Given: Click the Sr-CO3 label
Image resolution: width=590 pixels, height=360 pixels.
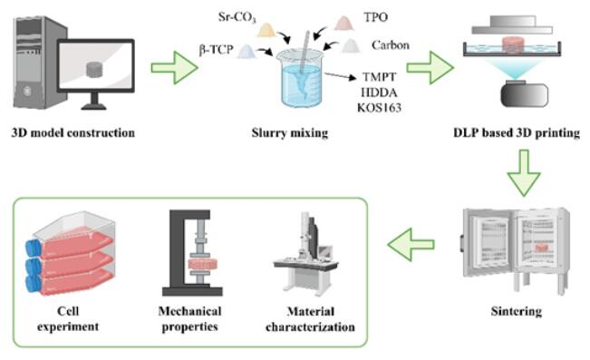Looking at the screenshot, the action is pyautogui.click(x=237, y=18).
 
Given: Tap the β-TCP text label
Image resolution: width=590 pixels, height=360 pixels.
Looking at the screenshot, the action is pyautogui.click(x=216, y=50).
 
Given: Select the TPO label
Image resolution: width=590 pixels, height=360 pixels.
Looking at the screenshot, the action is pyautogui.click(x=375, y=17).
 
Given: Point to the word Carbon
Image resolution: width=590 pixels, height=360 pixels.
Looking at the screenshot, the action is pyautogui.click(x=391, y=45).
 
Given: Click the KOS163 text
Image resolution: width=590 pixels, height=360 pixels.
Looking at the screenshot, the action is pyautogui.click(x=379, y=108).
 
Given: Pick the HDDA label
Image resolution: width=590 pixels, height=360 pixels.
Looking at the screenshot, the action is pyautogui.click(x=379, y=92).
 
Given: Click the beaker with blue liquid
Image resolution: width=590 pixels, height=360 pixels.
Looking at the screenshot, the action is pyautogui.click(x=300, y=78).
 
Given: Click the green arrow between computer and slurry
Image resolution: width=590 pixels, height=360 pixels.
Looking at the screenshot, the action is pyautogui.click(x=175, y=68).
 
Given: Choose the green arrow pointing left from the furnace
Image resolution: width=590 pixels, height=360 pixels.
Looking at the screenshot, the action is pyautogui.click(x=411, y=245).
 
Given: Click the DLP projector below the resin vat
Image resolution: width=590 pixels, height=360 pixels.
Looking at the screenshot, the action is pyautogui.click(x=524, y=93).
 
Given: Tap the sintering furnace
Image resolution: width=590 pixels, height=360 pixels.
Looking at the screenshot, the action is pyautogui.click(x=516, y=249).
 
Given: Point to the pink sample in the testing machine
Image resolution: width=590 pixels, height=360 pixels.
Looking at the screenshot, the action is pyautogui.click(x=203, y=265).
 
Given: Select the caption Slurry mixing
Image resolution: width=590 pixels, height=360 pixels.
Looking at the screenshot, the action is pyautogui.click(x=290, y=133).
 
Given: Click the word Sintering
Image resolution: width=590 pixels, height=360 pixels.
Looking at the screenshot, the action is pyautogui.click(x=517, y=311).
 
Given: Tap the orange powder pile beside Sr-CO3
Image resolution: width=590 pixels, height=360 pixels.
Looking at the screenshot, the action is pyautogui.click(x=266, y=30).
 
